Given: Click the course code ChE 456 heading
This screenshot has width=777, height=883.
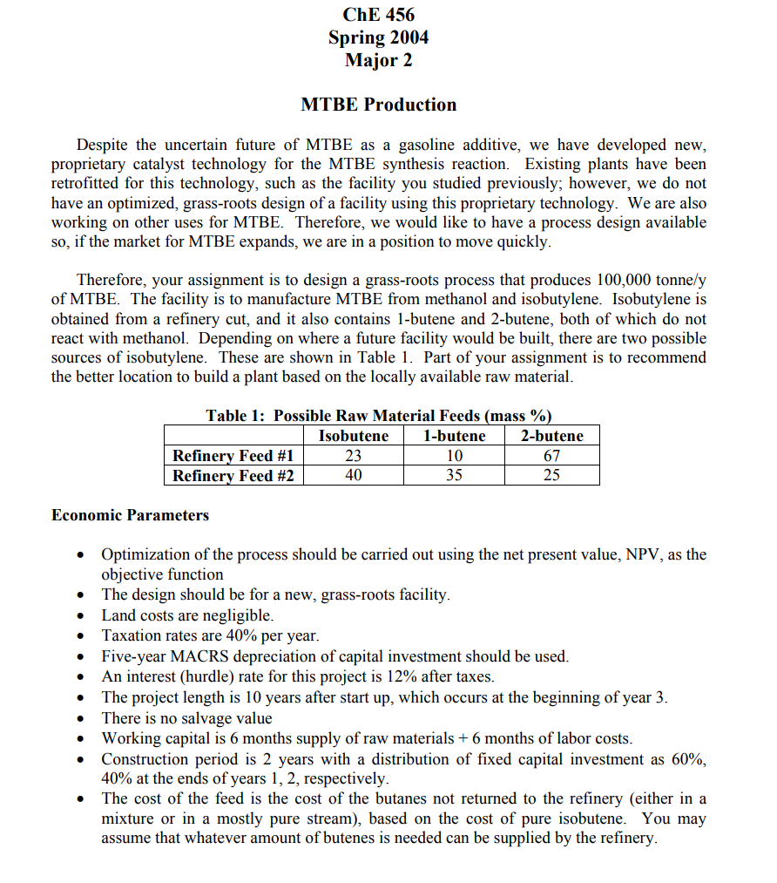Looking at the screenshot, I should pos(378,15).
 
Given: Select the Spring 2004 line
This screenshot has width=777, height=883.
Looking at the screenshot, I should pos(378,37).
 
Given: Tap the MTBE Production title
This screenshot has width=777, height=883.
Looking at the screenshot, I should pos(378,105).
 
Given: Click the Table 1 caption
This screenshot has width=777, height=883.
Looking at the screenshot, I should pos(378,416).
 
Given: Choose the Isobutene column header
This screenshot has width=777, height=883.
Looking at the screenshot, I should pos(354,436).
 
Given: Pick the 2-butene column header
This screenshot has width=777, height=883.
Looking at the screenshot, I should pos(551,436).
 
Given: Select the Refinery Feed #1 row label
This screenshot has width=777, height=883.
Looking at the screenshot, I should pos(233,456).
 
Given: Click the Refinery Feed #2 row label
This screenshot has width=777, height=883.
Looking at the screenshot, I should pos(233,476).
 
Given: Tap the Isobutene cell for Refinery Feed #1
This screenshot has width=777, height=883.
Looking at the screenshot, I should pos(354,456).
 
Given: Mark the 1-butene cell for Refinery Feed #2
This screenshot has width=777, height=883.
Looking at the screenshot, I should pos(454,476).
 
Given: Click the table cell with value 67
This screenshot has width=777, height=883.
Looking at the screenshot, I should pos(551,456).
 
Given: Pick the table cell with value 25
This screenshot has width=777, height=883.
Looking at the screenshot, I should pos(551,476).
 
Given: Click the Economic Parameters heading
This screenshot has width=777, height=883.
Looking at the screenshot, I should pos(131,515).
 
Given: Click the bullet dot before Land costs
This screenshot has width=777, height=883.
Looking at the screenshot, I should pos(81,616).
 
